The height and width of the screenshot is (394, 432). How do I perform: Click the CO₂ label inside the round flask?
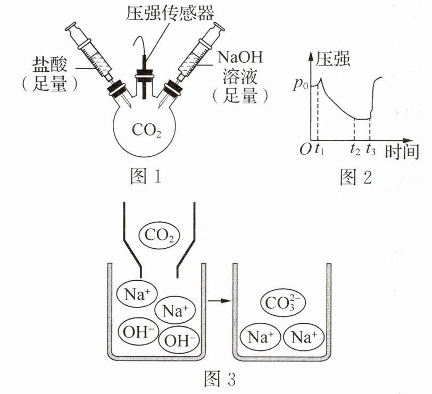146,130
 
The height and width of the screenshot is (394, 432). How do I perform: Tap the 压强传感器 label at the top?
170,12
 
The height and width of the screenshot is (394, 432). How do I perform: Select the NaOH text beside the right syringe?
240,57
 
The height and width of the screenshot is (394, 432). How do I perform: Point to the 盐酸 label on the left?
49,65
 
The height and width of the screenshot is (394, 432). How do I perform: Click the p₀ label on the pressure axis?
301,84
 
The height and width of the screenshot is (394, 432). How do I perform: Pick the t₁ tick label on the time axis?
319,149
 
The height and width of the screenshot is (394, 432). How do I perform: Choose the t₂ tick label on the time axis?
355,149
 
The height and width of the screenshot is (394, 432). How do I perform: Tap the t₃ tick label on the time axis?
371,149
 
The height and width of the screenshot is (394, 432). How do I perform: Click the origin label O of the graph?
306,149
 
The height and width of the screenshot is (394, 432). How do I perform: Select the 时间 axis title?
402,152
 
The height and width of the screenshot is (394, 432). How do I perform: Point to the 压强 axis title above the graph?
333,58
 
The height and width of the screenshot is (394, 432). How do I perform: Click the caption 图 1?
145,176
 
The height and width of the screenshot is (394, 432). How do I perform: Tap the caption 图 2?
356,177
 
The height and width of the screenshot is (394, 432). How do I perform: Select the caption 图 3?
220,379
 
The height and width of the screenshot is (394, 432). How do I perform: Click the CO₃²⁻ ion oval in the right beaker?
283,303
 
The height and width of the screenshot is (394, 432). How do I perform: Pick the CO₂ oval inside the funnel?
159,236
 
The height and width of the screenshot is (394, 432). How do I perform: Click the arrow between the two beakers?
219,300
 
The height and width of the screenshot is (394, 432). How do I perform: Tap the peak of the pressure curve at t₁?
320,79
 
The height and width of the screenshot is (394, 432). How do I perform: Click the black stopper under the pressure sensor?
144,74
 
